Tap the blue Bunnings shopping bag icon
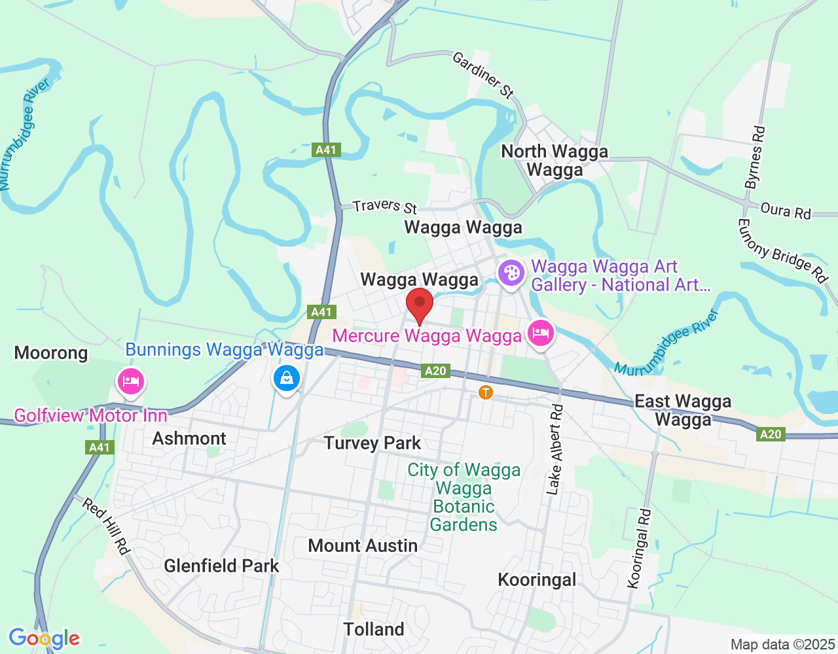click(287, 378)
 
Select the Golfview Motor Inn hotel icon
click(131, 381)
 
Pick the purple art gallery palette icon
click(511, 272)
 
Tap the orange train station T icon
click(486, 392)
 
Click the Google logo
click(44, 638)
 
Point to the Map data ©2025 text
click(783, 644)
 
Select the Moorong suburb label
click(51, 353)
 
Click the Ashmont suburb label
click(189, 438)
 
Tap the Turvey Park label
click(373, 443)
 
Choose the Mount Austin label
click(363, 545)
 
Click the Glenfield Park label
click(221, 566)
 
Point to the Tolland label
click(374, 629)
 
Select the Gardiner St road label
click(483, 75)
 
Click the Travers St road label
click(385, 206)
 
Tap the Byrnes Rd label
click(756, 157)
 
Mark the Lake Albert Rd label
click(555, 450)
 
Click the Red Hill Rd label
click(105, 525)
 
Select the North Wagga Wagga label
click(555, 160)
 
